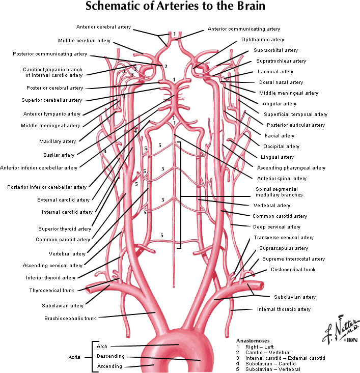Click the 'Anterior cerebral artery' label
103,27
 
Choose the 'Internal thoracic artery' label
283,309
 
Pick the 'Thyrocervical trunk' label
51,290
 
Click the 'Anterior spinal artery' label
281,179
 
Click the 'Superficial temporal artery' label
300,114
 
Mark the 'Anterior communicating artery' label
243,29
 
